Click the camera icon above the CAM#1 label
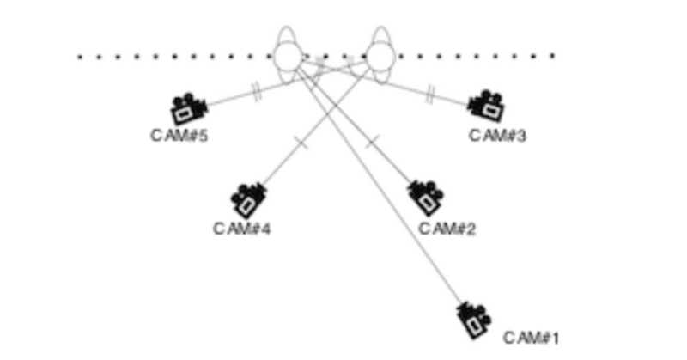coord(473,320)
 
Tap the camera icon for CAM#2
coord(425,198)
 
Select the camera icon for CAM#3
coord(486,106)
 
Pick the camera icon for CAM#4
coord(249,200)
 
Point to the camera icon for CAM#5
coord(188,108)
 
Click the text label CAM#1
coord(531,338)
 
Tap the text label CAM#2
coord(447,229)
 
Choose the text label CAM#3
coord(497,136)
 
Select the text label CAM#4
coord(242,229)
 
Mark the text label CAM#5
coord(179,136)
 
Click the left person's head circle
coord(288,56)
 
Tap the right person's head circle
coord(380,56)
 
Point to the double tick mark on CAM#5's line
coord(257,93)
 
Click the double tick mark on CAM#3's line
coord(430,95)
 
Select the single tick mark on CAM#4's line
coord(302,143)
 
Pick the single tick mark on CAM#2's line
coord(372,141)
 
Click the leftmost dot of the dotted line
coord(80,57)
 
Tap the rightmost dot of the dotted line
coord(552,56)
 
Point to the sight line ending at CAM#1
coord(380,186)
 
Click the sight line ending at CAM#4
coord(313,125)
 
